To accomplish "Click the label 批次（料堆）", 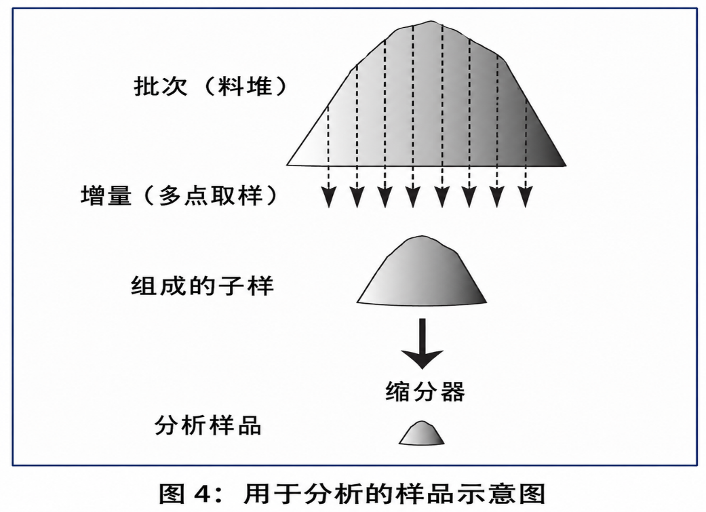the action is pos(210,85).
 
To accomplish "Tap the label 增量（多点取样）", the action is pos(179,197).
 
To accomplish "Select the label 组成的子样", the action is pos(202,286).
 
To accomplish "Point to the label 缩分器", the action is pos(425,391).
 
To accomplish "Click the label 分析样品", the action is pos(208,425).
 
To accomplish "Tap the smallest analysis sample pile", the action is pos(421,434).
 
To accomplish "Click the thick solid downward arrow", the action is pos(423,344).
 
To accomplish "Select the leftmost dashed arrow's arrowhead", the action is pos(329,197).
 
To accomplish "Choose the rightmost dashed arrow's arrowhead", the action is pos(526,197).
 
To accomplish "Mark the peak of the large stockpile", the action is pos(431,21).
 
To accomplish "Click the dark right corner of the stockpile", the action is pos(566,165).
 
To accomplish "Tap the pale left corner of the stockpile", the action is pos(288,165).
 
